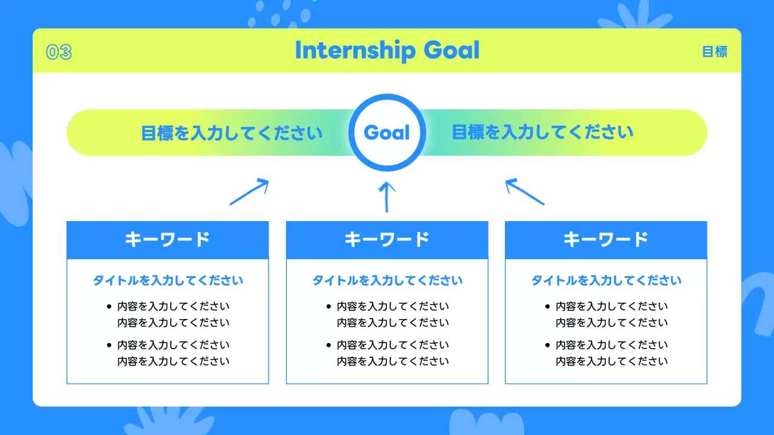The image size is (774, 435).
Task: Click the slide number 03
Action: pos(59,53)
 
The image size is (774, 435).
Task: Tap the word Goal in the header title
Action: pos(451,51)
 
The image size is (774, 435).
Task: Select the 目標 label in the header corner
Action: pos(714,52)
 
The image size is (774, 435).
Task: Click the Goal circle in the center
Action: pos(387,132)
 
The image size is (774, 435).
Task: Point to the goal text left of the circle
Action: pos(232,132)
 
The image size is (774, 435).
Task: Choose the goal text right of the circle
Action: pos(542,132)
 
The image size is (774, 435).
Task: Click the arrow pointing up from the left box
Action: pos(249,192)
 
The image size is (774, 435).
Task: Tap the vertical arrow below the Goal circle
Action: pos(386,197)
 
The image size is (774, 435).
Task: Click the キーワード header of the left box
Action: pos(167,240)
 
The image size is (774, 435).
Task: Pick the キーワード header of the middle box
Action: pos(387,240)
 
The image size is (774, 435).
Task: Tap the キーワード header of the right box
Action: pos(606,240)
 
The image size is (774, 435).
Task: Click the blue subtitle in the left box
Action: pos(167,281)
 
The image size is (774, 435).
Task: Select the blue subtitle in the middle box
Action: pos(387,281)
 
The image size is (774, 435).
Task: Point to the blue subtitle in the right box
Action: pos(606,281)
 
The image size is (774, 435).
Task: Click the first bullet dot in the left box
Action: pos(109,306)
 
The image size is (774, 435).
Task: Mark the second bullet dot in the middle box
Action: pos(328,346)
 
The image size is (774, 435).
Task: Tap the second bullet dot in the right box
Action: pos(548,346)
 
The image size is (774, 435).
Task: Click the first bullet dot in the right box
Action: pos(548,306)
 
